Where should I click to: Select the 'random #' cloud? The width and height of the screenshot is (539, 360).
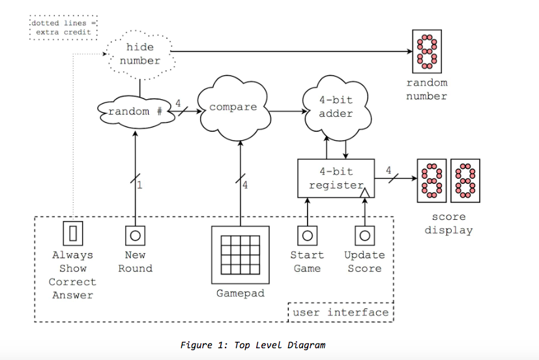pyautogui.click(x=136, y=111)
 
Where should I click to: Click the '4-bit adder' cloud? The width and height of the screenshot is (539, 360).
pyautogui.click(x=336, y=107)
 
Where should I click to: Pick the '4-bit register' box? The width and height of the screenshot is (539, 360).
pyautogui.click(x=336, y=178)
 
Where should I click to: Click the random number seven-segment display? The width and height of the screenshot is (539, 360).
pyautogui.click(x=428, y=53)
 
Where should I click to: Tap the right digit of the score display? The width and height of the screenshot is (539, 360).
pyautogui.click(x=465, y=180)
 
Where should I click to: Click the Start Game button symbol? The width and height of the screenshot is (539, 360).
pyautogui.click(x=307, y=235)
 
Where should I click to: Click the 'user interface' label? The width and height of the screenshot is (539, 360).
pyautogui.click(x=340, y=312)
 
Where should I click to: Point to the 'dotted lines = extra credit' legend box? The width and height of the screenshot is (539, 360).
pyautogui.click(x=64, y=27)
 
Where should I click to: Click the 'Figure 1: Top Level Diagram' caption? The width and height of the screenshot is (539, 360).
pyautogui.click(x=253, y=345)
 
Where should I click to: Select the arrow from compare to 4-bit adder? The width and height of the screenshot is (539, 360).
pyautogui.click(x=287, y=111)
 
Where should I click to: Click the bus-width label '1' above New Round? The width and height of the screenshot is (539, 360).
pyautogui.click(x=139, y=185)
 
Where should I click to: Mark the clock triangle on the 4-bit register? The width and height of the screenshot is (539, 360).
pyautogui.click(x=365, y=192)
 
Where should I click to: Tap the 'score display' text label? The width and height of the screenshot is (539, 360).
pyautogui.click(x=448, y=224)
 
